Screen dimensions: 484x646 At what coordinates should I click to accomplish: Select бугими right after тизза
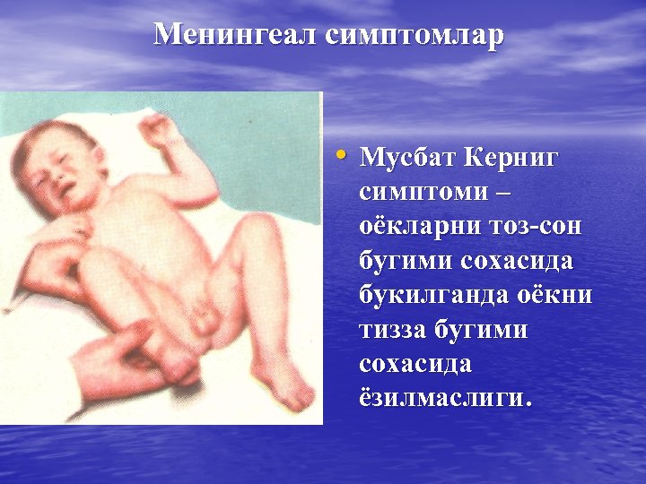pyautogui.click(x=484, y=330)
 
